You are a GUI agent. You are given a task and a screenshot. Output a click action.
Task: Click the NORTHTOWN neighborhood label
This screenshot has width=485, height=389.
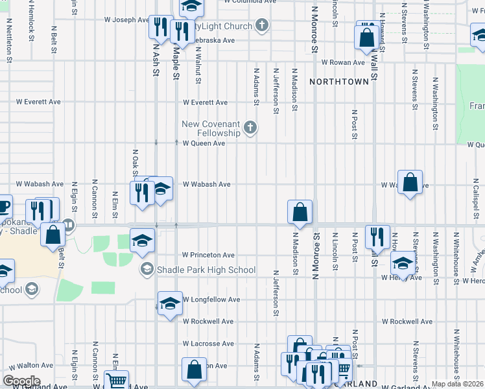339,82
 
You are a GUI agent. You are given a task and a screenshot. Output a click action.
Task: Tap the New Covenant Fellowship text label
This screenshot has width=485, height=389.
211,128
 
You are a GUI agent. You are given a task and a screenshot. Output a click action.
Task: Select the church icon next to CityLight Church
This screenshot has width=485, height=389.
261,26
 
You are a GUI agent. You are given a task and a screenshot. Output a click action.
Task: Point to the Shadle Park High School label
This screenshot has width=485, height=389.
206,270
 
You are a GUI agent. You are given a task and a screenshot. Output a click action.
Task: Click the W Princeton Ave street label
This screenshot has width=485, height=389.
208,255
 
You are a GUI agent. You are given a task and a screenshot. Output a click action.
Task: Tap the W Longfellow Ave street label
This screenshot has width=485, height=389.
211,300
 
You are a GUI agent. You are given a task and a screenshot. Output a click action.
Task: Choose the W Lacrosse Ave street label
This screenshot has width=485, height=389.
208,344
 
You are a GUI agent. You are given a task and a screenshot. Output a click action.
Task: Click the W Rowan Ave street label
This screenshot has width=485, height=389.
344,62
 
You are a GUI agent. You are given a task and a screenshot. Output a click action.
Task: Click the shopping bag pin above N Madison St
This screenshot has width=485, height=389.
300,211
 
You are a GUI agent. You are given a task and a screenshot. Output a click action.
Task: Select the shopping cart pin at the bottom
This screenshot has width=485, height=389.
116,381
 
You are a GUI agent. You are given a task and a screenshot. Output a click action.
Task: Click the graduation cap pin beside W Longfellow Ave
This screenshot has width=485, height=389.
170,303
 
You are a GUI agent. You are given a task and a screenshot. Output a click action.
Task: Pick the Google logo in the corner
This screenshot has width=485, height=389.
21,381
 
